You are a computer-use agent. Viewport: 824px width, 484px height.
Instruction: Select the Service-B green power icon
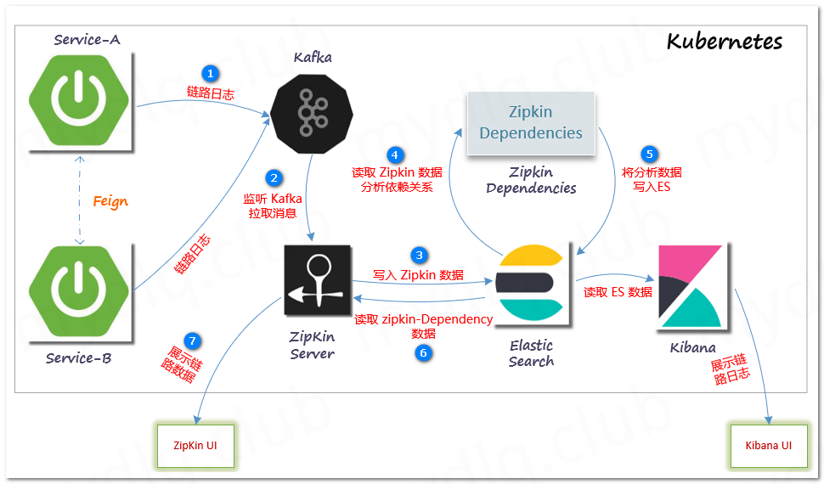click(x=80, y=292)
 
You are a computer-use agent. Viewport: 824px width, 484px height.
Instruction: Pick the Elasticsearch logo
click(x=531, y=281)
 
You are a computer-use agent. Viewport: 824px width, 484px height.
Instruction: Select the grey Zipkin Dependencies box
click(x=531, y=122)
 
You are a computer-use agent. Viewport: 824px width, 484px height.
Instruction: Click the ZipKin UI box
click(x=195, y=445)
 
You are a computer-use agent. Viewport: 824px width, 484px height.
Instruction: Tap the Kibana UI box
click(x=768, y=445)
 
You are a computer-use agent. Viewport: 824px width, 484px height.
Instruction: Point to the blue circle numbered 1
click(x=211, y=74)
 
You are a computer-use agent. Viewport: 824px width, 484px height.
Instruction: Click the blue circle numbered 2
click(x=274, y=177)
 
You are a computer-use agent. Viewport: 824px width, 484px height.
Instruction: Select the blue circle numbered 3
click(x=418, y=255)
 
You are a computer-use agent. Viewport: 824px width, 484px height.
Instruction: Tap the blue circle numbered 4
click(x=394, y=155)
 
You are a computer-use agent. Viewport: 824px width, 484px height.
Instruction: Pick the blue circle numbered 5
click(x=651, y=154)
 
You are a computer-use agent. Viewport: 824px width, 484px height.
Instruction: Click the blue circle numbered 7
click(x=193, y=340)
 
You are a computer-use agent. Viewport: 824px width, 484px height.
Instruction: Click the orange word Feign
click(x=110, y=201)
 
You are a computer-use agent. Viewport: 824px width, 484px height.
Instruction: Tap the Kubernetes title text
click(x=725, y=42)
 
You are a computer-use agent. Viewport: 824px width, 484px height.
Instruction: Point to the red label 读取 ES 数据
click(x=618, y=292)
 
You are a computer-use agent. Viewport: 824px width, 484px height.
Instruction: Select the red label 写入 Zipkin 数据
click(x=419, y=275)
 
